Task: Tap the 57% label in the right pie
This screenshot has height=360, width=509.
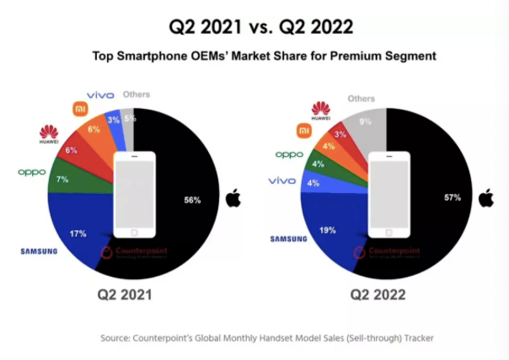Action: click(x=453, y=198)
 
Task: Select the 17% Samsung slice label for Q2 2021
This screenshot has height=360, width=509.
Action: click(x=78, y=233)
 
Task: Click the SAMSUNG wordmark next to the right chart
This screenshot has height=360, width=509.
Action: click(x=287, y=239)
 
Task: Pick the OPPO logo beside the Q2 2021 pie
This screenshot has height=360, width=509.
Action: click(x=32, y=172)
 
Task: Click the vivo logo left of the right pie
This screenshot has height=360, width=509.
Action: click(x=282, y=180)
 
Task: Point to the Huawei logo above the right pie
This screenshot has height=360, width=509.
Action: click(x=320, y=110)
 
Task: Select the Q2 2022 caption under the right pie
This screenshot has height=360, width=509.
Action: click(x=379, y=295)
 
